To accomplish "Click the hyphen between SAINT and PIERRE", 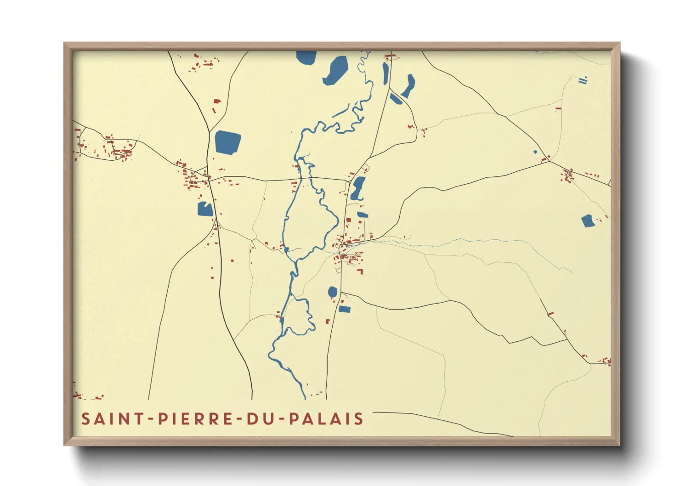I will (x=147, y=419).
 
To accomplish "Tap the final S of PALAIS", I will (x=359, y=419).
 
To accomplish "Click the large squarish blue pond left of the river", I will (x=227, y=142).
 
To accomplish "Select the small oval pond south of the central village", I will (x=332, y=292).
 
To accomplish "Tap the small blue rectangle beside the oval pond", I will (x=345, y=309).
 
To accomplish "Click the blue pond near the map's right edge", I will (x=587, y=221).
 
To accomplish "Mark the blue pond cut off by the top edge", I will (x=306, y=57).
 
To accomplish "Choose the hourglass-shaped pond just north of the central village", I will (x=358, y=188).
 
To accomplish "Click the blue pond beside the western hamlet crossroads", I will (x=205, y=209).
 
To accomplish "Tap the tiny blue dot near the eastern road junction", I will (x=535, y=152).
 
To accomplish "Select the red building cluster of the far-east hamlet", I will (x=569, y=175).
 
